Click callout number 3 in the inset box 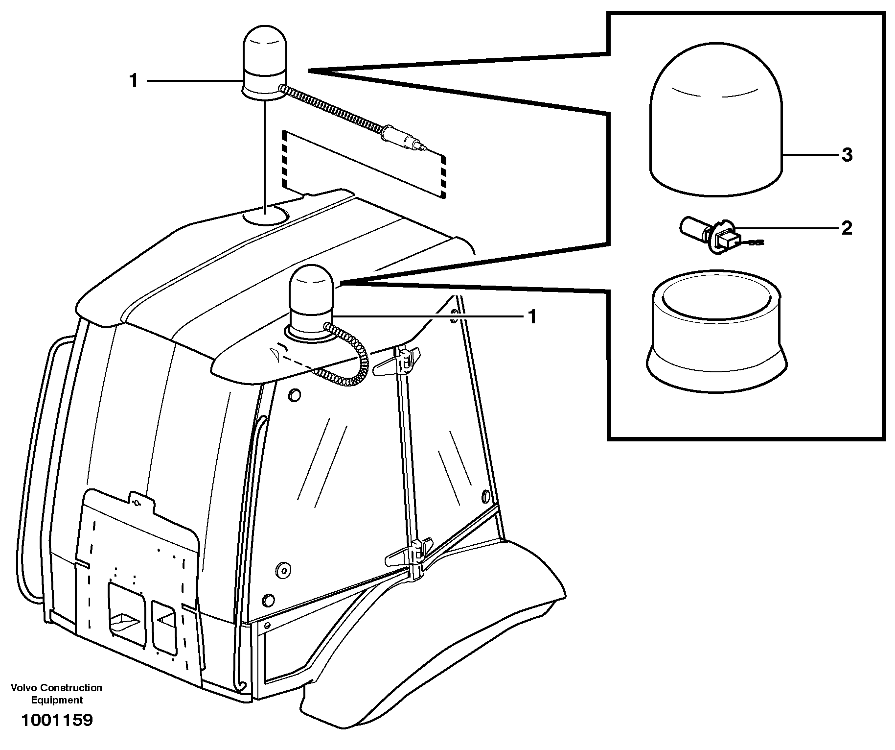click(847, 155)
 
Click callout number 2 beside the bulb click(847, 228)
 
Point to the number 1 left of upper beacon click(134, 81)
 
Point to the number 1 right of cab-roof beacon click(532, 317)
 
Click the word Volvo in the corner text click(24, 688)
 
